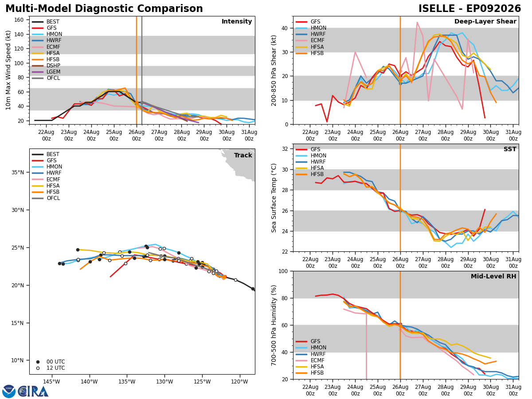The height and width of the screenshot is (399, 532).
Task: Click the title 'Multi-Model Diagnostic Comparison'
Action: click(104, 9)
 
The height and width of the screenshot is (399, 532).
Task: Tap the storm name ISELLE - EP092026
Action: click(469, 9)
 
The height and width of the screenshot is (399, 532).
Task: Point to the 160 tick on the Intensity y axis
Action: click(19, 20)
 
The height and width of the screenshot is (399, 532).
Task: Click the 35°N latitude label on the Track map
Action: click(18, 172)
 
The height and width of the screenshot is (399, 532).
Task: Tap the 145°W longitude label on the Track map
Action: click(51, 382)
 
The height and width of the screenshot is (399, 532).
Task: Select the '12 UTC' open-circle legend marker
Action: click(38, 368)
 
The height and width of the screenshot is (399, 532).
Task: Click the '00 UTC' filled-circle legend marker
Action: click(38, 362)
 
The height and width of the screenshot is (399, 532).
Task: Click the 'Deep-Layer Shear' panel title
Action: click(485, 22)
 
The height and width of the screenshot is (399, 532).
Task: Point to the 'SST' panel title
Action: click(510, 149)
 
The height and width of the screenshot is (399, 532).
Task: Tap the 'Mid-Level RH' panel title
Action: click(493, 276)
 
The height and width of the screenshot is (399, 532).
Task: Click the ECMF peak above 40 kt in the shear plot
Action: click(417, 22)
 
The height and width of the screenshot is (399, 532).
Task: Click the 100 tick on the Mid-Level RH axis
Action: click(284, 271)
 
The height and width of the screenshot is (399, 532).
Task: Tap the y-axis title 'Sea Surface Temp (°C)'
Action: click(274, 198)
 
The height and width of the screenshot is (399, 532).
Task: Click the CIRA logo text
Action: click(33, 391)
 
